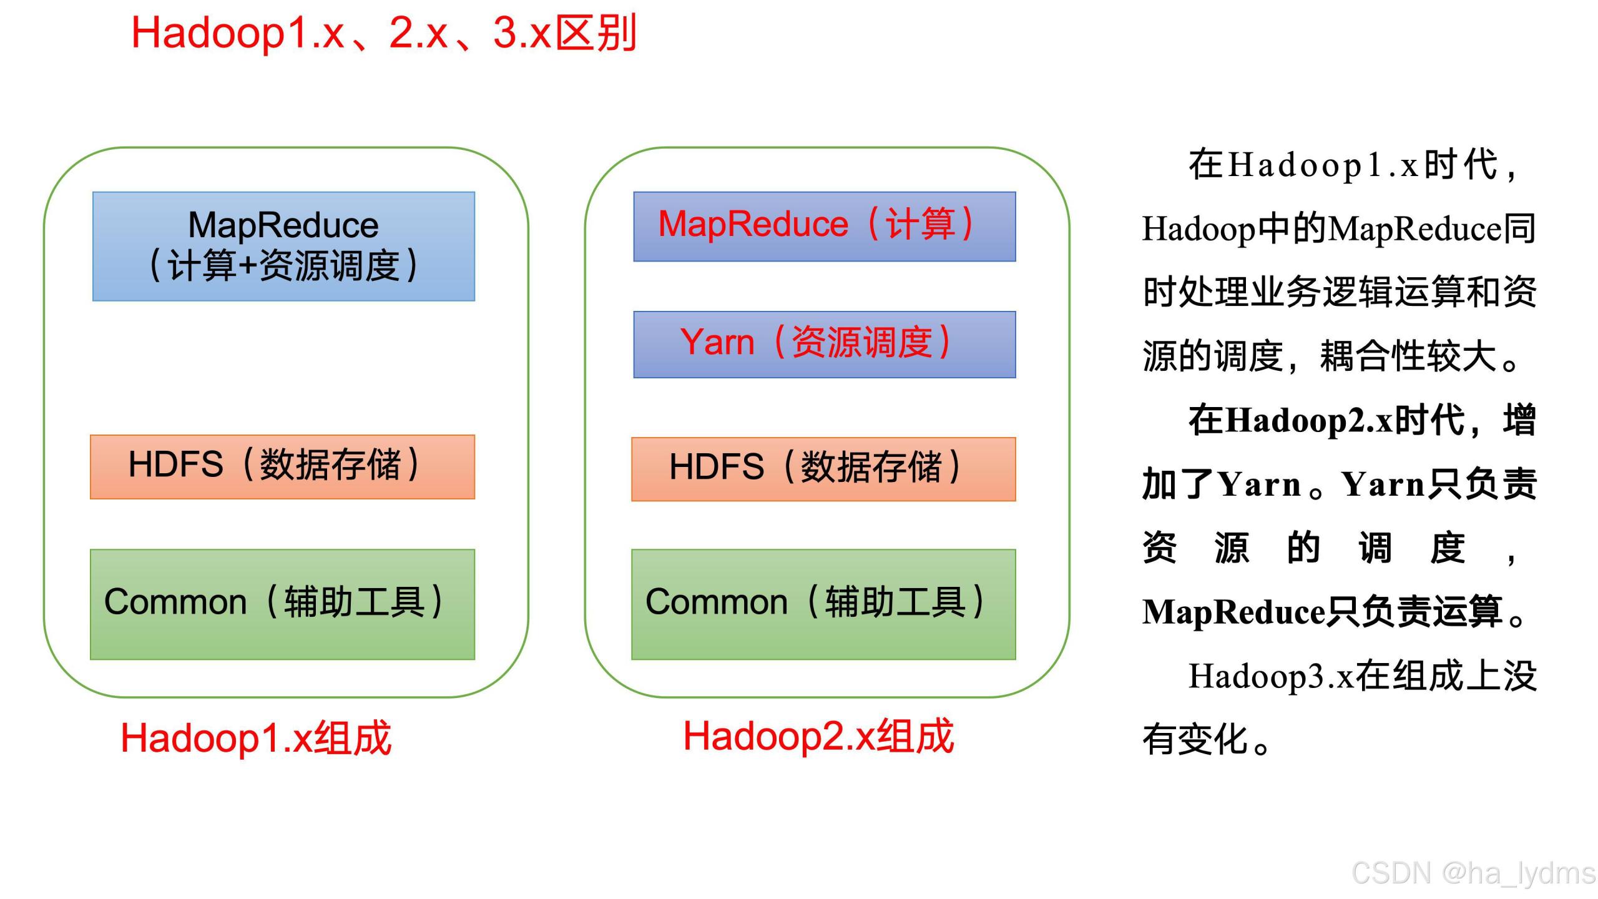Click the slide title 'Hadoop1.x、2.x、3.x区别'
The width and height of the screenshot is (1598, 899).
point(383,32)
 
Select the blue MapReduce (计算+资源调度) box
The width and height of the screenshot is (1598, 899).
point(283,246)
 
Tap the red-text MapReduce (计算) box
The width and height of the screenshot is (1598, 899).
point(824,226)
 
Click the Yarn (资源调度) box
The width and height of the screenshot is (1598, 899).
point(824,344)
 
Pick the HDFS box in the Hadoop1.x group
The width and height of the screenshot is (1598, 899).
point(282,466)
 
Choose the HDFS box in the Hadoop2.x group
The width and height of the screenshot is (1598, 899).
point(823,469)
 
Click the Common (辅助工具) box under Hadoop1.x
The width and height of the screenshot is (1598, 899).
point(282,604)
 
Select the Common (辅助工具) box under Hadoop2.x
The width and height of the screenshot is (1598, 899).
point(823,604)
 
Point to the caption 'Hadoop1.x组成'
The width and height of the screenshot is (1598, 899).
point(256,738)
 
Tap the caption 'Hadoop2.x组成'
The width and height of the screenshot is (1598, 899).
point(818,735)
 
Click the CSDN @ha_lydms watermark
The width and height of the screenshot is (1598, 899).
point(1473,873)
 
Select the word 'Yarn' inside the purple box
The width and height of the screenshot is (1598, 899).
point(717,342)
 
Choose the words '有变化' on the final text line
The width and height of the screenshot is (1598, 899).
point(1195,740)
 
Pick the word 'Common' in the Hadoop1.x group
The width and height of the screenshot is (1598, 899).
point(175,602)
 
